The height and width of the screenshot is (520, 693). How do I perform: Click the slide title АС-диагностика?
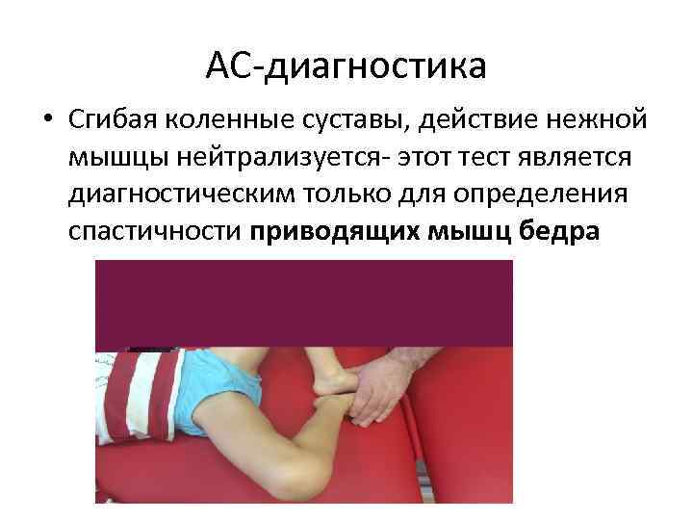click(x=346, y=66)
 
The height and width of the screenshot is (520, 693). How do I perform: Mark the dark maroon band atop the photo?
click(x=303, y=303)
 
